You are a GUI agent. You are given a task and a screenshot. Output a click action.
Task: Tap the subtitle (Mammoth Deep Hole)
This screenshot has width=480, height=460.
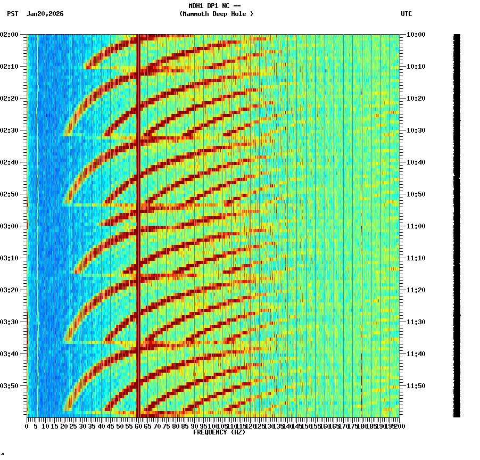pyautogui.click(x=216, y=14)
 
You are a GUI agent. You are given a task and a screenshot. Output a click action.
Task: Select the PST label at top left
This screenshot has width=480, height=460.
pyautogui.click(x=13, y=14)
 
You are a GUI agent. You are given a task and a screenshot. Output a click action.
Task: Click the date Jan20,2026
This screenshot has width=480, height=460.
pyautogui.click(x=45, y=14)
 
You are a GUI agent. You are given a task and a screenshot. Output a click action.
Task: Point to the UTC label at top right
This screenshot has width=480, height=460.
pyautogui.click(x=406, y=14)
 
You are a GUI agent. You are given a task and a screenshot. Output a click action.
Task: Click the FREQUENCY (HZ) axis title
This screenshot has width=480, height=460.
pyautogui.click(x=219, y=432)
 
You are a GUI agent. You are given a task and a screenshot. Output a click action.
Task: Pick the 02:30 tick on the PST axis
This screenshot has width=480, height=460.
pyautogui.click(x=10, y=130)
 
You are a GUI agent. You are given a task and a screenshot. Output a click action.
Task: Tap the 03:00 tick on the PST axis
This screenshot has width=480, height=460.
pyautogui.click(x=10, y=226)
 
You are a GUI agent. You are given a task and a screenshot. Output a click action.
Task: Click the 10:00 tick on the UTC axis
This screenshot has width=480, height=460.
pyautogui.click(x=416, y=35)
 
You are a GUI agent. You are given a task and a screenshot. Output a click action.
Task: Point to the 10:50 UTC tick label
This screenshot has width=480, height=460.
pyautogui.click(x=416, y=194)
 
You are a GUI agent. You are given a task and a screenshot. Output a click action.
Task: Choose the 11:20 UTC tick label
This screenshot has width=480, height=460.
pyautogui.click(x=416, y=290)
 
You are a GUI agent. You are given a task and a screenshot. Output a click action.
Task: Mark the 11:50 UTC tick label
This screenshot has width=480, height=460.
pyautogui.click(x=416, y=386)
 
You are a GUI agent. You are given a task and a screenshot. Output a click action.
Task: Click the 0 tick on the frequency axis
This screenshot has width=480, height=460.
pyautogui.click(x=27, y=426)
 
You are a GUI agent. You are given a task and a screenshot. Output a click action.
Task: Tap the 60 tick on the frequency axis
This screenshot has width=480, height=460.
pyautogui.click(x=138, y=426)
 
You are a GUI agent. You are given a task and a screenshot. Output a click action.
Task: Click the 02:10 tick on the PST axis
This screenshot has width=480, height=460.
pyautogui.click(x=10, y=67)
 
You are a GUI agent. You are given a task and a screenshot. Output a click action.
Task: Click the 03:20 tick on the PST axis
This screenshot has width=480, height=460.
pyautogui.click(x=10, y=290)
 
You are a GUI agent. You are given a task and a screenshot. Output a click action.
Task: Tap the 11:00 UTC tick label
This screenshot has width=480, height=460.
pyautogui.click(x=416, y=226)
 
